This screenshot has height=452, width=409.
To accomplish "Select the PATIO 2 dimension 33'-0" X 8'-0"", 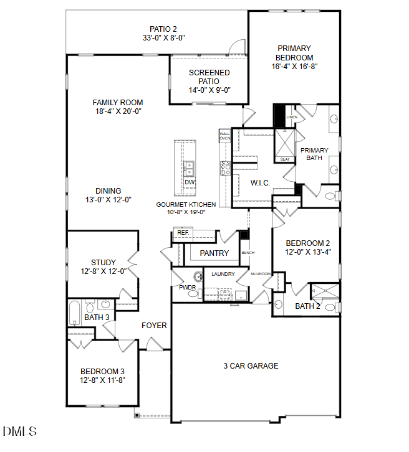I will [163, 38].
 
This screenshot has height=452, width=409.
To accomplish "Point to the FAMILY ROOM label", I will [118, 103].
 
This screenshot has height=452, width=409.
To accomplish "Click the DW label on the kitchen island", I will [190, 182].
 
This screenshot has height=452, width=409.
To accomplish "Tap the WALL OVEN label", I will [224, 136].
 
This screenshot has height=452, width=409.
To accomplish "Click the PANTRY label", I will [214, 253].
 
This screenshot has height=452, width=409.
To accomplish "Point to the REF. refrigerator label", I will [183, 233].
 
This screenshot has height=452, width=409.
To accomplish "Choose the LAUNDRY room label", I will [223, 274].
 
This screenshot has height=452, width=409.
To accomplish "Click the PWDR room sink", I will [198, 277].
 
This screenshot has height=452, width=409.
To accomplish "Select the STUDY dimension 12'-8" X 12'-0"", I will [103, 271].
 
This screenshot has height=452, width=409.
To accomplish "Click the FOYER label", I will [153, 325].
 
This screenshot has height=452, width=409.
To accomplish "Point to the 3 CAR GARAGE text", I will [251, 365].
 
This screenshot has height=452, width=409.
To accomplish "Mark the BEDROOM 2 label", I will [308, 243].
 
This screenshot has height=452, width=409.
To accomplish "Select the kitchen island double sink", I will [189, 167].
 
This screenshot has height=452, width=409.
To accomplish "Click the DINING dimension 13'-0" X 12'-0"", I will [108, 200].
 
